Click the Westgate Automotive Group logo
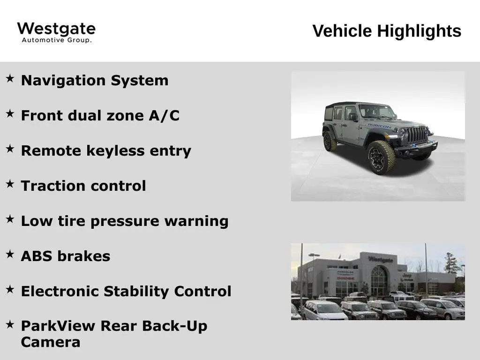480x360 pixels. point(56,32)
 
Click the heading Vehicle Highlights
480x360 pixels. point(387,31)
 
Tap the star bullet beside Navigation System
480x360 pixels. point(10,78)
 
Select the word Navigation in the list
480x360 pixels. point(63,81)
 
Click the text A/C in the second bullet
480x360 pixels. point(164,116)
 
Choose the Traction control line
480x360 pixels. point(83,186)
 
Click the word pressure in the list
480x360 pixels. point(125,221)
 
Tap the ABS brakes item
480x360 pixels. point(66,256)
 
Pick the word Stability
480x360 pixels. point(136,292)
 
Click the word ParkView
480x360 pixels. point(58,326)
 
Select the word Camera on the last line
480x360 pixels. point(51,342)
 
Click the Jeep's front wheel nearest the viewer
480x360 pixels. point(382,157)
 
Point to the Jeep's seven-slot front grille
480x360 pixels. point(417,135)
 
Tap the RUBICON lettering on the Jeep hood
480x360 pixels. point(380,126)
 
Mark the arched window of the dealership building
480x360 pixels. point(379,281)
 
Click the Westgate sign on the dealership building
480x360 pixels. point(381,260)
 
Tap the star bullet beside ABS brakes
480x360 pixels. point(10,254)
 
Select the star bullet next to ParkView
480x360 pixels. point(10,324)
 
